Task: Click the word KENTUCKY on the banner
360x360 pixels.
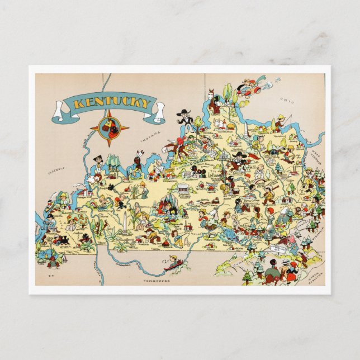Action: coord(107,103)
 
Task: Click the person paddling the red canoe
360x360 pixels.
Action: coord(174,262)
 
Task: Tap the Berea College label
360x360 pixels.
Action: coord(245,201)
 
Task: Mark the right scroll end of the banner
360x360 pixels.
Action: coord(159,112)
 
